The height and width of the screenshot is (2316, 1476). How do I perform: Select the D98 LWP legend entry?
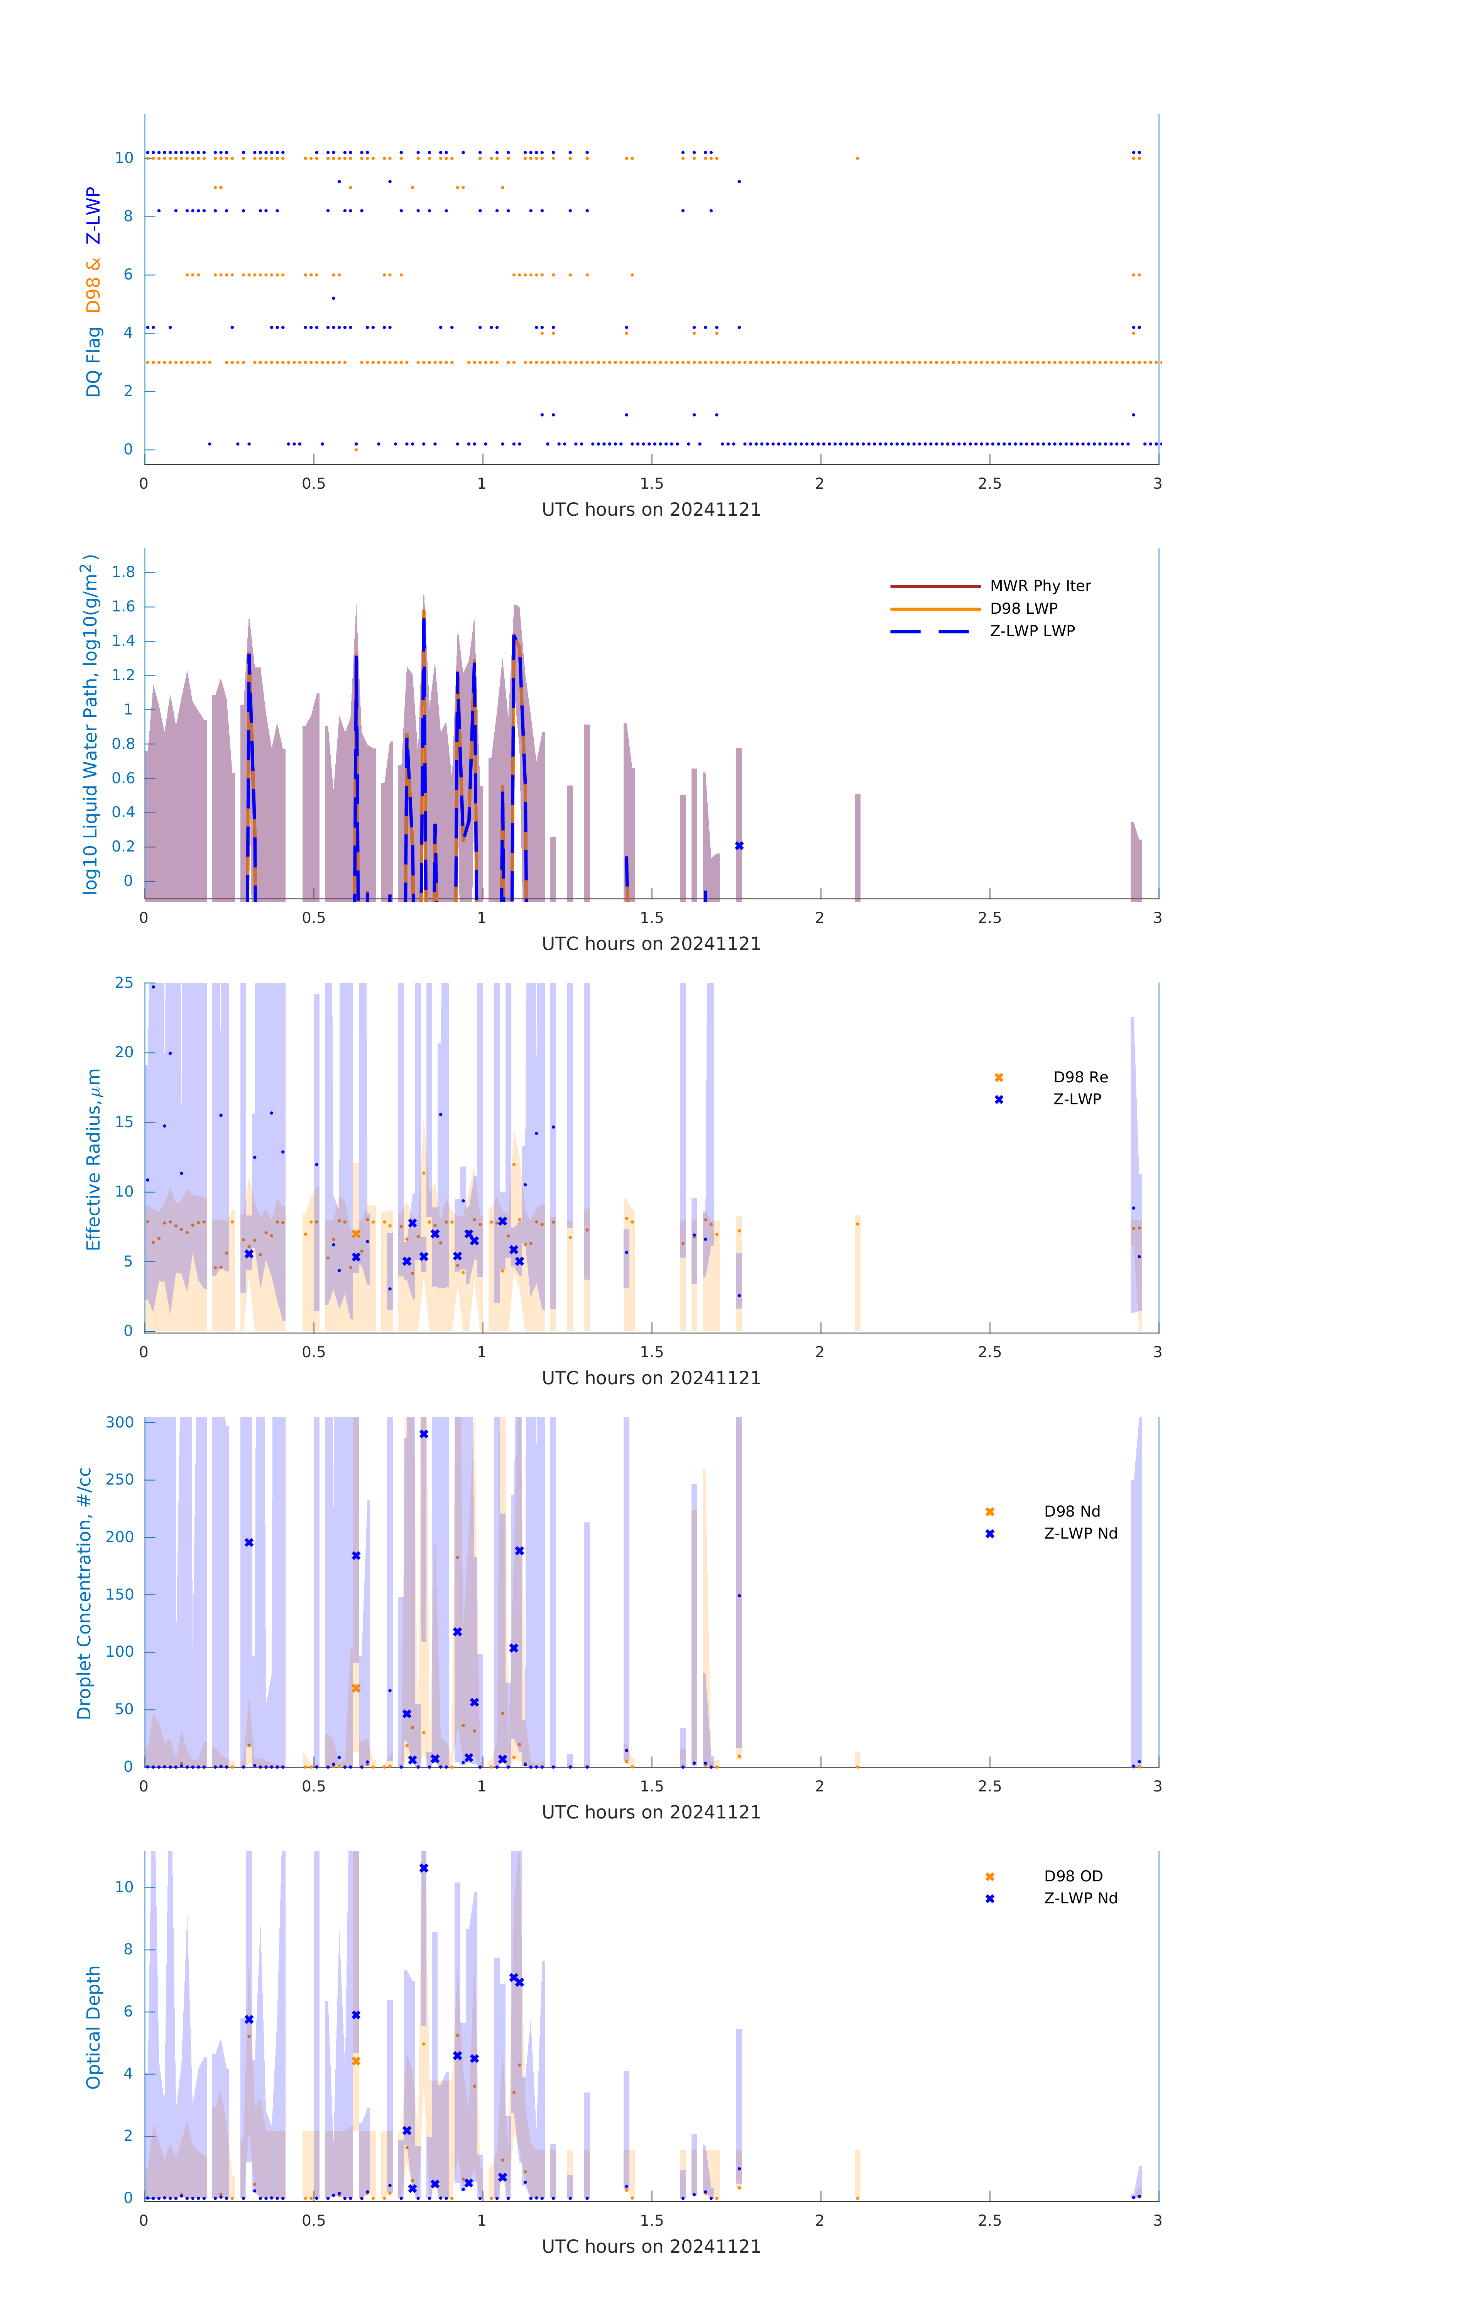(1023, 609)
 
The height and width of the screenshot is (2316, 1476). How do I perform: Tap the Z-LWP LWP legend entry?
(1032, 631)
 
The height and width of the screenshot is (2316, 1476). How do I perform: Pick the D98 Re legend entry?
(1080, 1077)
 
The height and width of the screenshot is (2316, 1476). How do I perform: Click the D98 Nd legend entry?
(1071, 1511)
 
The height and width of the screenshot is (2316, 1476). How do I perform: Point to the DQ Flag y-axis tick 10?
(124, 158)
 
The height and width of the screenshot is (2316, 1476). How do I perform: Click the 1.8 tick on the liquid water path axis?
(123, 572)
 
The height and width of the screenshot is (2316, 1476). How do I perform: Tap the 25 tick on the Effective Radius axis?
(124, 983)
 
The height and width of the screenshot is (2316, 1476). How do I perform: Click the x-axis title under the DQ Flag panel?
(651, 510)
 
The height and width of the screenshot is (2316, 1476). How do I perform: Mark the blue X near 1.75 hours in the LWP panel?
(739, 846)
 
